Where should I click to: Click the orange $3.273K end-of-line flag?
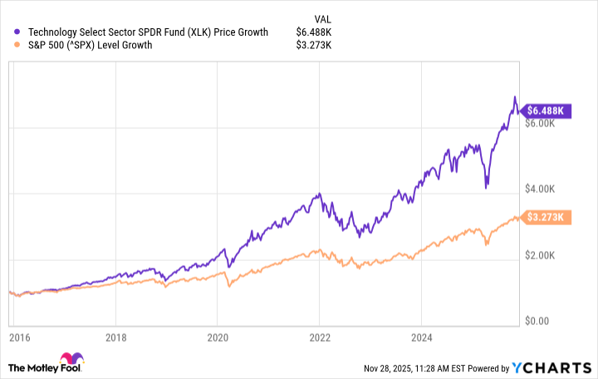(x=547, y=218)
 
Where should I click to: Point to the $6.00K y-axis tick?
(x=547, y=124)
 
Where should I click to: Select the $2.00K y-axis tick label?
(x=547, y=255)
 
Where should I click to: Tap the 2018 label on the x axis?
(x=116, y=339)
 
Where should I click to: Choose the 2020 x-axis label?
(x=218, y=339)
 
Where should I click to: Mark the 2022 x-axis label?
(x=319, y=339)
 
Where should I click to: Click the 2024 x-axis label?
(x=420, y=339)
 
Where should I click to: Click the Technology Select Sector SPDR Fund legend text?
(x=148, y=32)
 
